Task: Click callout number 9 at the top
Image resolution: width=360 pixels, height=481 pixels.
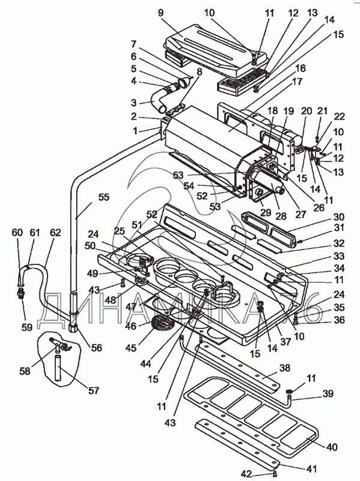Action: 160,13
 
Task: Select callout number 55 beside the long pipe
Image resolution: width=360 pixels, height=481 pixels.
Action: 103,197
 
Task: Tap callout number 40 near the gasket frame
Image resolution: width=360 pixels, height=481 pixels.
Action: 331,447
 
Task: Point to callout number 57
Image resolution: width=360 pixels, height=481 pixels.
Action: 94,390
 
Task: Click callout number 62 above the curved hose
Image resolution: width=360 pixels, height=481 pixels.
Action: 55,233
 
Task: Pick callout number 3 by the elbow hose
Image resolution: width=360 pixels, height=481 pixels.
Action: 133,102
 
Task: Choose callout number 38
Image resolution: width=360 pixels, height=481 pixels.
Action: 285,367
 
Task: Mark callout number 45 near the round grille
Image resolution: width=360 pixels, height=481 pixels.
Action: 131,348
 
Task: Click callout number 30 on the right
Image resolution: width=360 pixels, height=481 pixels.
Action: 339,216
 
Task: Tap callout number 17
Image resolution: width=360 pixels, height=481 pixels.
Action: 297,82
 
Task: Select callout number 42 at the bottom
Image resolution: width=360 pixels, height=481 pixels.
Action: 246,474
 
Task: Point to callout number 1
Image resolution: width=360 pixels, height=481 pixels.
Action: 134,131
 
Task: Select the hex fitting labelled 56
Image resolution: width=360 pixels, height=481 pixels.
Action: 73,328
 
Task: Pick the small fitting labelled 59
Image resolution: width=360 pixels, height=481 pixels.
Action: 21,294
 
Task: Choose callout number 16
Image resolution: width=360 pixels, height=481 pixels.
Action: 301,68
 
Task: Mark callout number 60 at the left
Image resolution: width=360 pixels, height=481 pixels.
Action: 17,233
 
